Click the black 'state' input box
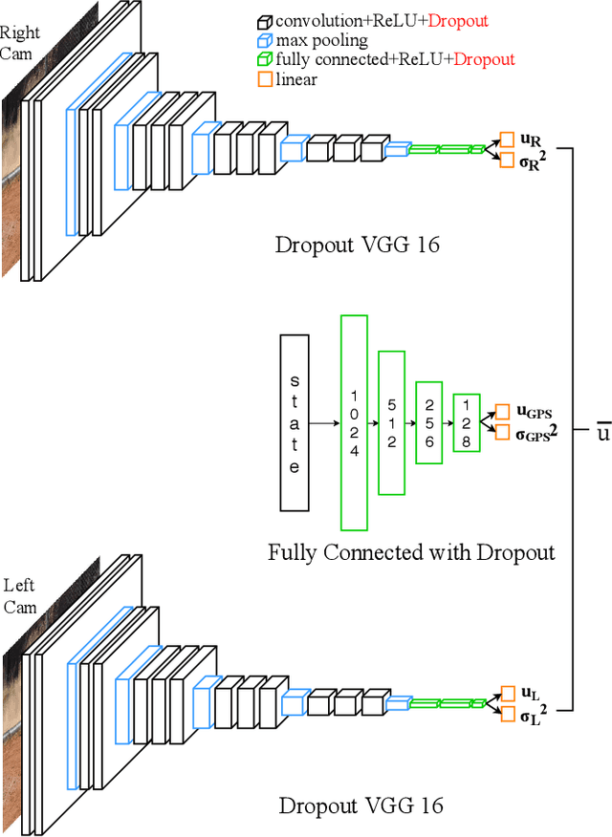pyautogui.click(x=295, y=421)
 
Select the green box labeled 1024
pyautogui.click(x=354, y=421)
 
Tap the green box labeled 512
pyautogui.click(x=392, y=422)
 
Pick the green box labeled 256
pyautogui.click(x=429, y=422)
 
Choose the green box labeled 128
pyautogui.click(x=466, y=422)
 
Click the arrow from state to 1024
pyautogui.click(x=325, y=422)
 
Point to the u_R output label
pyautogui.click(x=531, y=139)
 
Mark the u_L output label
pyautogui.click(x=529, y=691)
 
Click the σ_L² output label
pyautogui.click(x=532, y=713)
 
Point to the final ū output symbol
pyautogui.click(x=601, y=430)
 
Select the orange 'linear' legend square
pyautogui.click(x=264, y=80)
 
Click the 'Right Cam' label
pyautogui.click(x=19, y=43)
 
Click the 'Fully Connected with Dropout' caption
pyautogui.click(x=411, y=551)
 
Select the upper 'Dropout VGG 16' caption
pyautogui.click(x=358, y=244)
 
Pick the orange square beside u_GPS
pyautogui.click(x=503, y=412)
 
